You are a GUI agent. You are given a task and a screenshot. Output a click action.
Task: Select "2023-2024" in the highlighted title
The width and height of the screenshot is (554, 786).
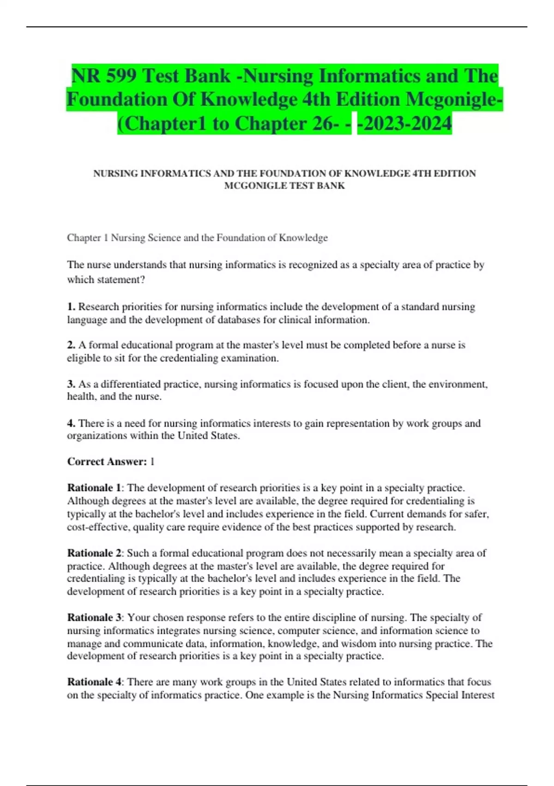405,123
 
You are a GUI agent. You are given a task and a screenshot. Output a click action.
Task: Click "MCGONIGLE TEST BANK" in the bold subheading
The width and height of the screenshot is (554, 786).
284,186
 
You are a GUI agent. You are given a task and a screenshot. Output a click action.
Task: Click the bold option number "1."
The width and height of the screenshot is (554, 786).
71,307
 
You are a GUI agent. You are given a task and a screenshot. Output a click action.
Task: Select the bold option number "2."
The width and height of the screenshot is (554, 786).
71,345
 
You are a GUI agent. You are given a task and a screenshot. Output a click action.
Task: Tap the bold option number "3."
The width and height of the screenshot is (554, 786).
71,384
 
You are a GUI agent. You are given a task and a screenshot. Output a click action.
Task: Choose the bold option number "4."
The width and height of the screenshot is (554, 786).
71,423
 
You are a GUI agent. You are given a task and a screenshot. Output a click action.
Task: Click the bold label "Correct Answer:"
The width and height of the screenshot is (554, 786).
107,461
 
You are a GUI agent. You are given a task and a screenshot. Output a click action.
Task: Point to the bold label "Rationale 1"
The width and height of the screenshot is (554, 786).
94,488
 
